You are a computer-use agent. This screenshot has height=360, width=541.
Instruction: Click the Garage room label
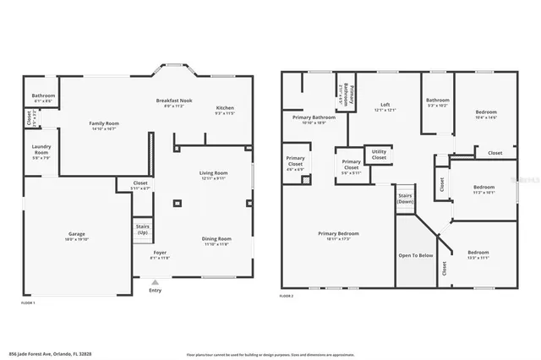click(x=77, y=236)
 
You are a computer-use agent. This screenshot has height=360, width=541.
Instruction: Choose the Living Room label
click(x=213, y=175)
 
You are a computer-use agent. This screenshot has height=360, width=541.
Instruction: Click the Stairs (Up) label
click(x=143, y=229)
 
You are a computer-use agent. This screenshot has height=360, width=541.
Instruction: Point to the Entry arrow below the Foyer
click(x=155, y=281)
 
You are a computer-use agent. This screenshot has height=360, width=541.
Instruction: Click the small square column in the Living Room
click(x=177, y=204)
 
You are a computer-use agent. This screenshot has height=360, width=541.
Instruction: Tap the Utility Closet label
click(x=379, y=155)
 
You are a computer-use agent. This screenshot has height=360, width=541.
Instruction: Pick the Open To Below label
click(x=415, y=254)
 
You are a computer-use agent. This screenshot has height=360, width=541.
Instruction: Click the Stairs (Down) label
click(x=406, y=199)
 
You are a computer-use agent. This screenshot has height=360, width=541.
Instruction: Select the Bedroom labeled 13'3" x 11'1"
click(x=478, y=254)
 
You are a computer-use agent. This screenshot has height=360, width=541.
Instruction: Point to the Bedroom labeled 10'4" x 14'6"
click(x=485, y=114)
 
